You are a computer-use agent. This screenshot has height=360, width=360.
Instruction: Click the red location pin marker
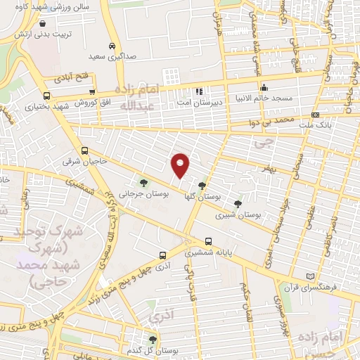[181, 165]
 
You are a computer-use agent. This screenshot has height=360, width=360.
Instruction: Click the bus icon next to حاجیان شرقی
[85, 150]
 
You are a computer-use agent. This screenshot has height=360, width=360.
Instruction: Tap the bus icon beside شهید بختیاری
[46, 96]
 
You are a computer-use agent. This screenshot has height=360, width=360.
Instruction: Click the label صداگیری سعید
[108, 56]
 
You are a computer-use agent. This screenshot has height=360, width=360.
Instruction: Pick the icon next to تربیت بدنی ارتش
[43, 23]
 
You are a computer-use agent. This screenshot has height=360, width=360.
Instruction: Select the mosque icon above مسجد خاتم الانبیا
[263, 88]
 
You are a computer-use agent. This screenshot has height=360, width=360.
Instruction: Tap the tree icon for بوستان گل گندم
[152, 339]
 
